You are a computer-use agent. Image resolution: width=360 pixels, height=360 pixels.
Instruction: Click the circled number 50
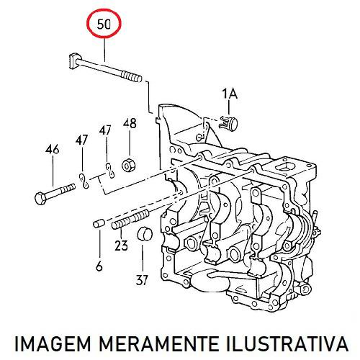(104, 24)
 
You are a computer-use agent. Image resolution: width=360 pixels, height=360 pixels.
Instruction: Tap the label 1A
(230, 94)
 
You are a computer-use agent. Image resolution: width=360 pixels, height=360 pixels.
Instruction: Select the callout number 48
(130, 123)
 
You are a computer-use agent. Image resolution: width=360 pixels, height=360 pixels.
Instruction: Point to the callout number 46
(53, 149)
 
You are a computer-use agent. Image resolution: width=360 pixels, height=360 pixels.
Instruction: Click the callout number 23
(121, 246)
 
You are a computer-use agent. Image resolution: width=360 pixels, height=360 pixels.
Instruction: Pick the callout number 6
(99, 266)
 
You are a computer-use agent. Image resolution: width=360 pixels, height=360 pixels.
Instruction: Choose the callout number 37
(142, 280)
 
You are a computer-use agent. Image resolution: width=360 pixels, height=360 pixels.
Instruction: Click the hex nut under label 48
(129, 166)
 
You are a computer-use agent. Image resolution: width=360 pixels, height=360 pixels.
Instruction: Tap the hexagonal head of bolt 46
(40, 199)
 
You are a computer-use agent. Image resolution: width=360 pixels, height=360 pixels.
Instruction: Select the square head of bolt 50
(74, 60)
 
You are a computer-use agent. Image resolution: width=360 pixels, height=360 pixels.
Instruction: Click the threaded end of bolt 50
(132, 76)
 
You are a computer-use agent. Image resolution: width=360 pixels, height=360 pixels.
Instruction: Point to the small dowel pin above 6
(98, 223)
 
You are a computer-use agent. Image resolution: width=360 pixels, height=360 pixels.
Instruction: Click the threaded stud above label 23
(130, 219)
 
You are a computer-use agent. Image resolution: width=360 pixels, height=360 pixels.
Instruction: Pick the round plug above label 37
(145, 233)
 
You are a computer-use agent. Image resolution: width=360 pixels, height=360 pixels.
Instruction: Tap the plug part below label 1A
(228, 123)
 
